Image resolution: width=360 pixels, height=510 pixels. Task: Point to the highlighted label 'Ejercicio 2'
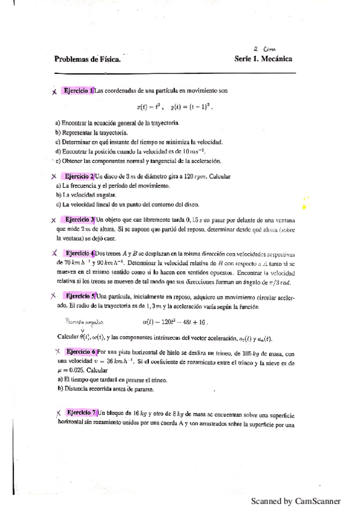(x=78, y=176)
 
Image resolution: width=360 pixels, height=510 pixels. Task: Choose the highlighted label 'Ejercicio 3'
(x=79, y=220)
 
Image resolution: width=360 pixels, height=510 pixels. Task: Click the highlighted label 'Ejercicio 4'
(x=79, y=253)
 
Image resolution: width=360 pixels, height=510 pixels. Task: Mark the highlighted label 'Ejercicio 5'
(x=80, y=296)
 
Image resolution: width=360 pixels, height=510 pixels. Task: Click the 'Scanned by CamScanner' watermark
(x=296, y=501)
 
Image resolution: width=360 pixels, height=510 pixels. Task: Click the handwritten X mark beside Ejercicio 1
(x=54, y=91)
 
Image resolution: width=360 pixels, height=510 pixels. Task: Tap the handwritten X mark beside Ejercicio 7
(x=58, y=413)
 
